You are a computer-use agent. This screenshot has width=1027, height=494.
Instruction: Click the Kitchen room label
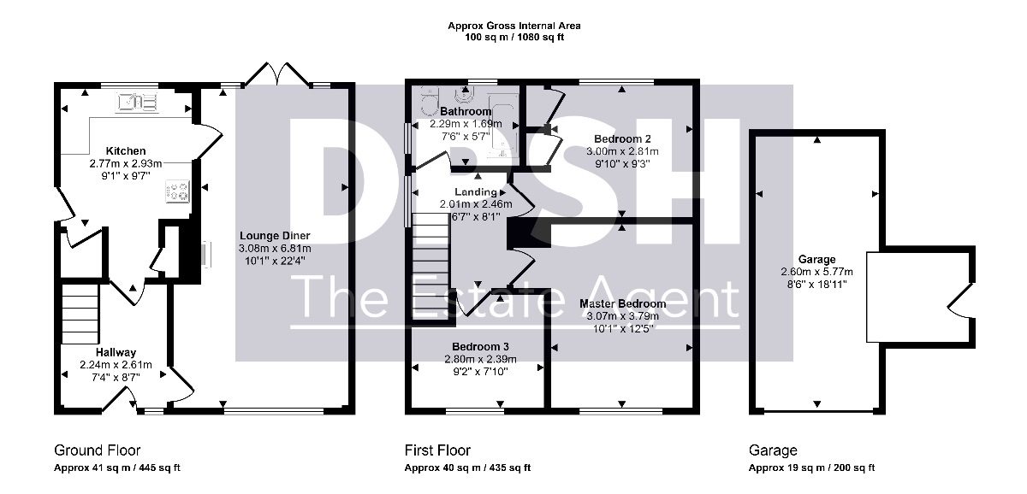tap(126, 151)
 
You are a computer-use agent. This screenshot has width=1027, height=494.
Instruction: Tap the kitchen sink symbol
tap(138, 102)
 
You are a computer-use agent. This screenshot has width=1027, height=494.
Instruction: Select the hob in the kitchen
tap(177, 191)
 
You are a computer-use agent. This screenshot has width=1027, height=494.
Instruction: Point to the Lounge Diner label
tap(275, 236)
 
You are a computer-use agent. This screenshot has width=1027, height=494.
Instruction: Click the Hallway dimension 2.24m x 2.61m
tap(116, 365)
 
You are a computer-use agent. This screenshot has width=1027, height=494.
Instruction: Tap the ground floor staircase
tap(80, 314)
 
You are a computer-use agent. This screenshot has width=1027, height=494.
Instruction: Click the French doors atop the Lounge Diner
tap(277, 74)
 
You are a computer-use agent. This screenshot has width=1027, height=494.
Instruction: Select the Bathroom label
tap(466, 111)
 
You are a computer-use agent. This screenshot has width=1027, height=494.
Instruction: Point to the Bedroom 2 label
tap(622, 138)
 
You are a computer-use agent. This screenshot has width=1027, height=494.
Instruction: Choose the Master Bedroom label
tap(623, 303)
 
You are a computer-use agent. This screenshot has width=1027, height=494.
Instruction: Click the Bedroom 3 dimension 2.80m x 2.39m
tap(480, 360)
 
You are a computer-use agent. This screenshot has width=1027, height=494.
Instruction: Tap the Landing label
tap(476, 191)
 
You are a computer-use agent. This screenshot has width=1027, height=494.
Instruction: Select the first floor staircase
tap(430, 266)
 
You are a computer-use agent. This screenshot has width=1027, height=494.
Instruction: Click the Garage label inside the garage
tap(816, 260)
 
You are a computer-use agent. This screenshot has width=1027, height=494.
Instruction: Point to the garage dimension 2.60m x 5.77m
tap(817, 272)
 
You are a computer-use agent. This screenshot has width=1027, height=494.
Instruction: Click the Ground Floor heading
tap(98, 450)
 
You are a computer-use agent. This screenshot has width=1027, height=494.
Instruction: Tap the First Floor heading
tap(437, 450)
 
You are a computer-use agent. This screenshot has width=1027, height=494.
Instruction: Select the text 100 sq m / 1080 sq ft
tap(514, 38)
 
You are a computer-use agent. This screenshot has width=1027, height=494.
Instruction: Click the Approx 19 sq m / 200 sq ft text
tap(811, 468)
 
